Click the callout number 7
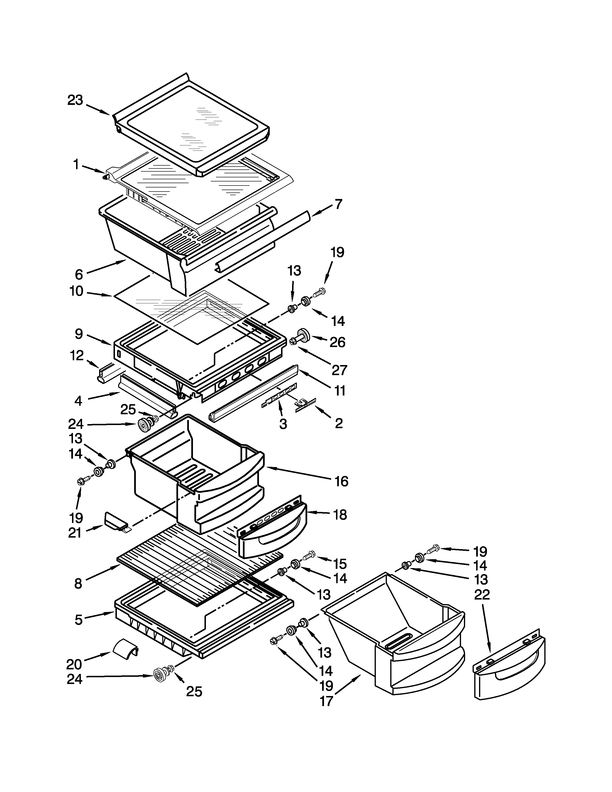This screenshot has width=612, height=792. click(338, 204)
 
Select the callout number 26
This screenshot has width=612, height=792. click(337, 342)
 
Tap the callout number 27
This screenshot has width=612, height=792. click(339, 370)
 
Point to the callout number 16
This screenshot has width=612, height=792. click(341, 481)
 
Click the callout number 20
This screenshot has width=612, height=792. click(74, 664)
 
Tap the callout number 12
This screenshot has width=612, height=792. click(77, 355)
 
